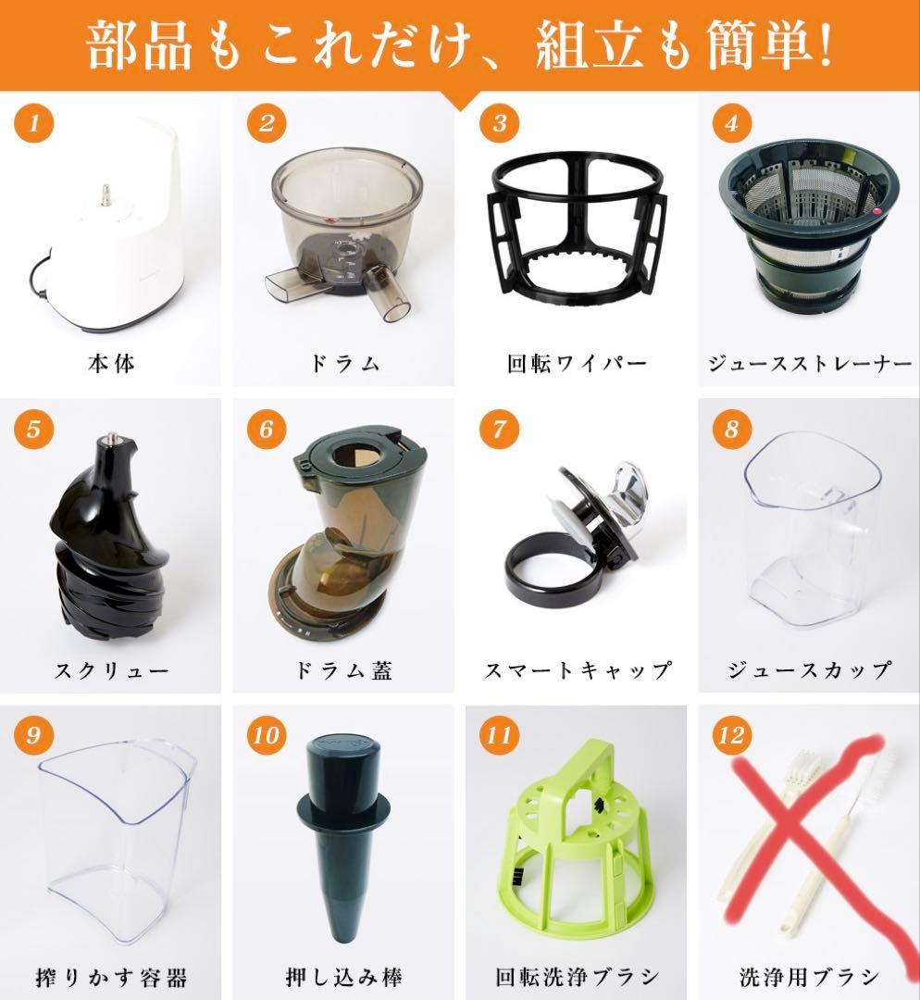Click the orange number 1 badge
pyautogui.click(x=34, y=123)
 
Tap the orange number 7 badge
pyautogui.click(x=499, y=430)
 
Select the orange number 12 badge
pyautogui.click(x=732, y=735)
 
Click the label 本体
pyautogui.click(x=111, y=364)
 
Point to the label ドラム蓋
pyautogui.click(x=343, y=670)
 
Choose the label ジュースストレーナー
pyautogui.click(x=809, y=364)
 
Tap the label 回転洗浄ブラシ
pyautogui.click(x=577, y=977)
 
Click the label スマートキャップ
pyautogui.click(x=577, y=670)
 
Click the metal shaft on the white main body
pyautogui.click(x=106, y=194)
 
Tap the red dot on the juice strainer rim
pyautogui.click(x=876, y=211)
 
